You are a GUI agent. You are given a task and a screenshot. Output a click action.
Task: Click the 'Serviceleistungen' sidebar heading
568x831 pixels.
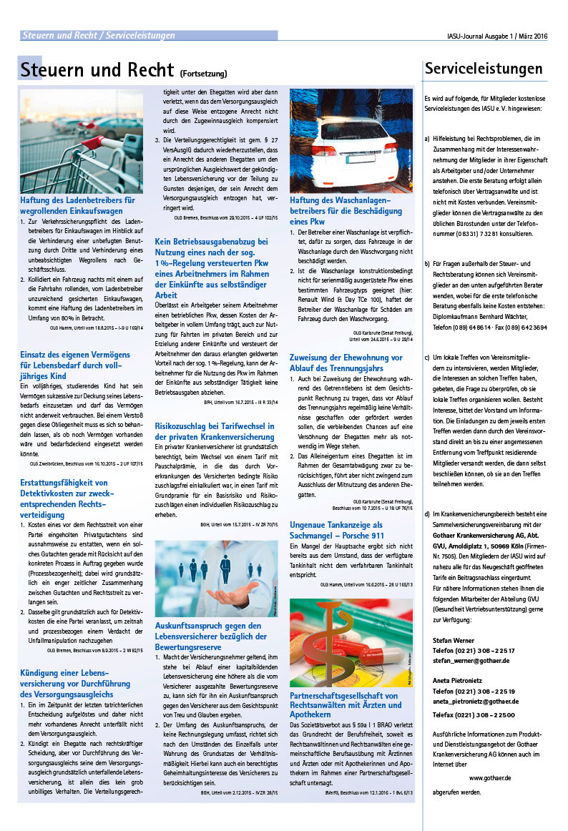point(484,69)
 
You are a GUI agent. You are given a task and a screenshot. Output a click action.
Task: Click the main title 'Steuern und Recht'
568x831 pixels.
point(95,70)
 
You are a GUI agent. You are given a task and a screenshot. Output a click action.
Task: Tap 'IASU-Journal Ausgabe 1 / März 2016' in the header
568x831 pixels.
point(492,36)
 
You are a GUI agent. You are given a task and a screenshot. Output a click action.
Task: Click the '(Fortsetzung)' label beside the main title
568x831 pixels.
point(204,74)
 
